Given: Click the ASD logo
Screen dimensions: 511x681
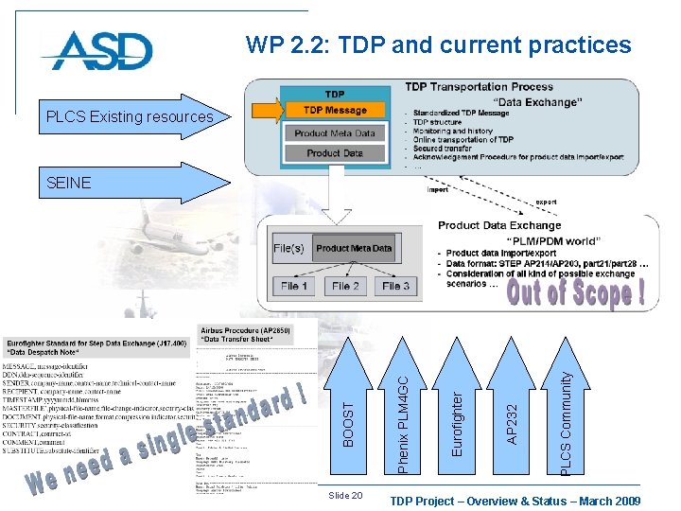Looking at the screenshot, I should (96, 50).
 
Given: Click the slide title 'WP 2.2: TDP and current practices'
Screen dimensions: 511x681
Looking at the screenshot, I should (438, 44).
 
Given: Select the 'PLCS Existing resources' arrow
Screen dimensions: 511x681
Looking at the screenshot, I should (131, 116).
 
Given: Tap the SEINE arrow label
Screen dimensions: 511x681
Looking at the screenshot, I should (69, 183).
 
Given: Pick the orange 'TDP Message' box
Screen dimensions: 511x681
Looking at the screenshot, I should (335, 110).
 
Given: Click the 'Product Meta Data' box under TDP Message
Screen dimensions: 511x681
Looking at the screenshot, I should (335, 133).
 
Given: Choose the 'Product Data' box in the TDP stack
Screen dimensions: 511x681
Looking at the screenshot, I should (335, 152).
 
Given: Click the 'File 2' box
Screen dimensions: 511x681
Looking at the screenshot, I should (345, 286).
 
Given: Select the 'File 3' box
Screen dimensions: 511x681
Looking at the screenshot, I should (395, 286).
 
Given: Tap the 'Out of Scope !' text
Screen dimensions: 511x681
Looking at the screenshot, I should (575, 292).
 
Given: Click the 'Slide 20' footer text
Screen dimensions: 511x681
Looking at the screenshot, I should (344, 496).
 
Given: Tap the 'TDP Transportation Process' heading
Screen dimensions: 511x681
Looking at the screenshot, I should (479, 87).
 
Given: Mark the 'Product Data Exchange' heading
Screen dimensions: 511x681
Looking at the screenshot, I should (498, 225).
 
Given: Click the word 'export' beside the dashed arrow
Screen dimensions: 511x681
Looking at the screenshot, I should (546, 202).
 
